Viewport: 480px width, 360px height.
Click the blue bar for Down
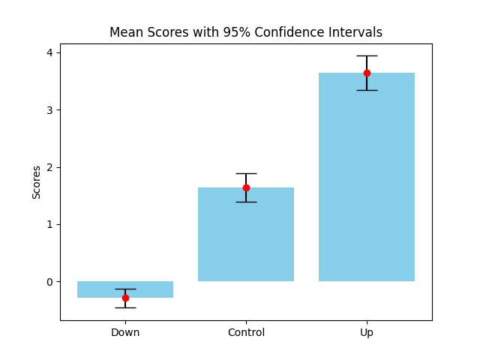tap(150, 289)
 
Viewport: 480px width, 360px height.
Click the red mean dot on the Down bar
tap(125, 298)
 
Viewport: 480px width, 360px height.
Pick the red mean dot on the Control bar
tap(246, 187)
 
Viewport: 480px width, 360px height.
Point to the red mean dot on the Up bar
tap(367, 73)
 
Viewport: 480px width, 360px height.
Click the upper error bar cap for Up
tap(367, 55)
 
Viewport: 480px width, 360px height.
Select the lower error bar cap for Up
tap(367, 90)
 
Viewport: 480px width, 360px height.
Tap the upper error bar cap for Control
tap(246, 173)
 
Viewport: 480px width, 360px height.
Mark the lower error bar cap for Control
tap(246, 202)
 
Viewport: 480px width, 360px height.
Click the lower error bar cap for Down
tap(125, 307)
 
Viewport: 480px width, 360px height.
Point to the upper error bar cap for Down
tap(125, 289)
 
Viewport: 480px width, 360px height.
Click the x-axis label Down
tap(125, 332)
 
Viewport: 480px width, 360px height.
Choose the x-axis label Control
tap(246, 332)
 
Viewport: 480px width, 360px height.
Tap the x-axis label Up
tap(367, 332)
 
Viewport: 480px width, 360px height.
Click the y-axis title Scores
tap(36, 182)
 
